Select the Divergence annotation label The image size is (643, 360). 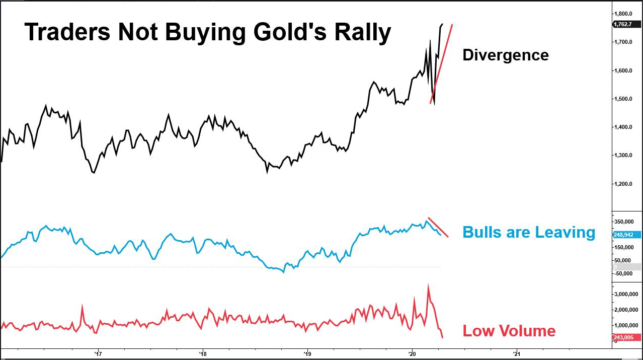[505, 55]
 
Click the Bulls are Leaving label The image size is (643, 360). [528, 232]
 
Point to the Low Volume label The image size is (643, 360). [509, 331]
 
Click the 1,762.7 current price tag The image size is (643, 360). [626, 24]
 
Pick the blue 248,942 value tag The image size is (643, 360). [627, 235]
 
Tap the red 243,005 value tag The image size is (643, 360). [627, 337]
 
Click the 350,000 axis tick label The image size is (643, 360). [626, 222]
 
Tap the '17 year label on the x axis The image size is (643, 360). [99, 353]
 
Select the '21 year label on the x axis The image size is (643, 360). [516, 353]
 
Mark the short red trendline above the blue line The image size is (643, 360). [437, 227]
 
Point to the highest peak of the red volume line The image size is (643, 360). [428, 285]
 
